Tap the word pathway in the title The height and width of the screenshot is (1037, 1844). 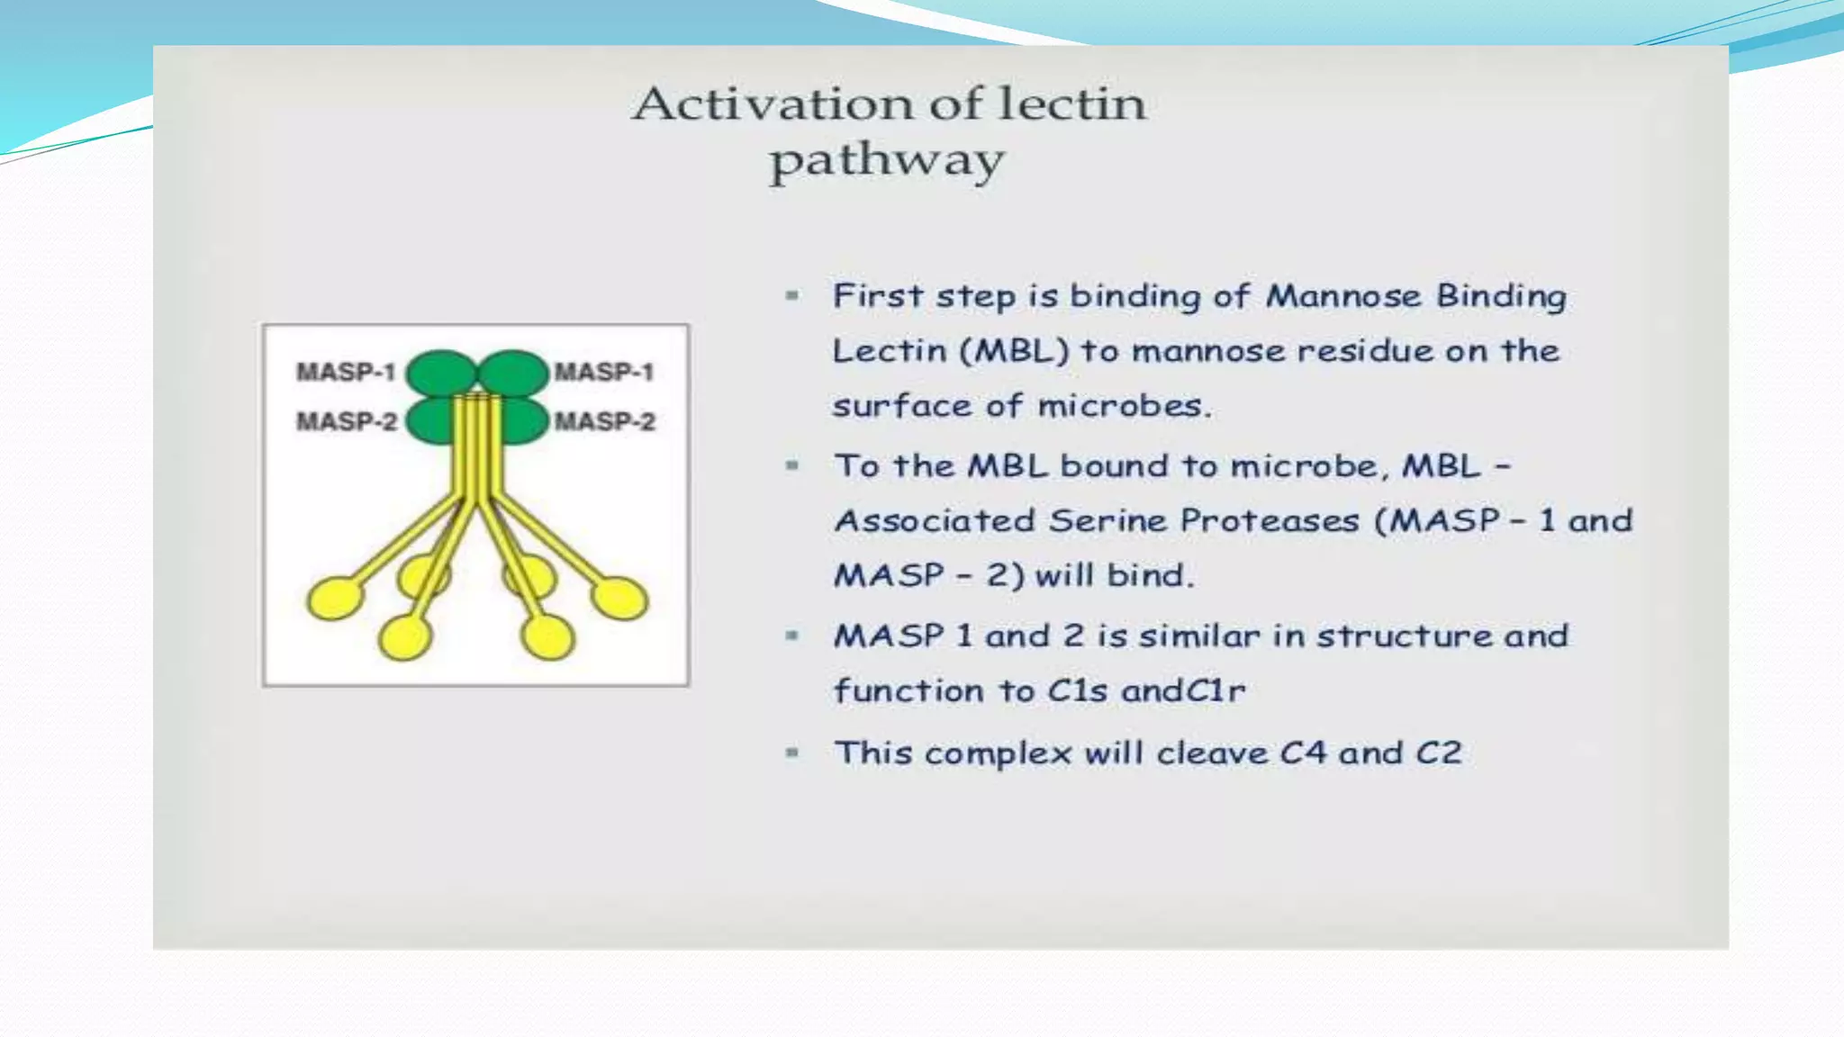coord(886,162)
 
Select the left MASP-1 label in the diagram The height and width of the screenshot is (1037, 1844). coord(346,372)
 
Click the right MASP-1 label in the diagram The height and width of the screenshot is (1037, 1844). coord(603,372)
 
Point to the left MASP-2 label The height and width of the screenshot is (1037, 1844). coord(347,421)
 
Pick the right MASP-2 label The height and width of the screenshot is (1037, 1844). coord(604,421)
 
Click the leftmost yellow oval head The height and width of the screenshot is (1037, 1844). coord(335,600)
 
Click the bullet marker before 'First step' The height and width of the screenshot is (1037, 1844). coord(792,295)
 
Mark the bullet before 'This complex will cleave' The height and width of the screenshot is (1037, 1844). coord(792,753)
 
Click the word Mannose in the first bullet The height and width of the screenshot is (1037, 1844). coord(1343,296)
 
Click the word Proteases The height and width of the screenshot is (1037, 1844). coord(1269,520)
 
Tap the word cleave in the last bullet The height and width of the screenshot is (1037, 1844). coord(1212,753)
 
